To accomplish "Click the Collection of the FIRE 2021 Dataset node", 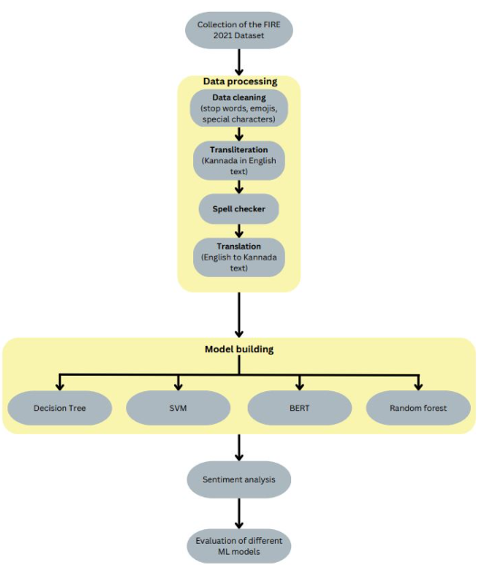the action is click(239, 30).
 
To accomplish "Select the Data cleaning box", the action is click(239, 108).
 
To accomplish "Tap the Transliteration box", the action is click(239, 161).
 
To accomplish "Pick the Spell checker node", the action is click(239, 209).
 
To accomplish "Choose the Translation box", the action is click(239, 257).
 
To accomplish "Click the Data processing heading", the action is click(240, 82).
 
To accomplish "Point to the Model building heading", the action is click(239, 349).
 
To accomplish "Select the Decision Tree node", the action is click(60, 408).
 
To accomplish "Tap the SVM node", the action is click(178, 408).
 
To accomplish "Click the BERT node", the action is click(299, 408).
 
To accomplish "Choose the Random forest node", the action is click(418, 408).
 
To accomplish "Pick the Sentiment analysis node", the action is click(239, 479).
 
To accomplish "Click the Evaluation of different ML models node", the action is click(239, 546).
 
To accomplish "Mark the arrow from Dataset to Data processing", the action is click(239, 62).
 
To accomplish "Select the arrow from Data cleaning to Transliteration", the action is click(239, 133).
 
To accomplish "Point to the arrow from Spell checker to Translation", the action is click(239, 231).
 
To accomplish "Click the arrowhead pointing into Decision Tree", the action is click(60, 386).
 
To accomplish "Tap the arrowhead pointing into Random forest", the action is click(418, 386).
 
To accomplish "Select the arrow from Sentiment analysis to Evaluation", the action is click(239, 514).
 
